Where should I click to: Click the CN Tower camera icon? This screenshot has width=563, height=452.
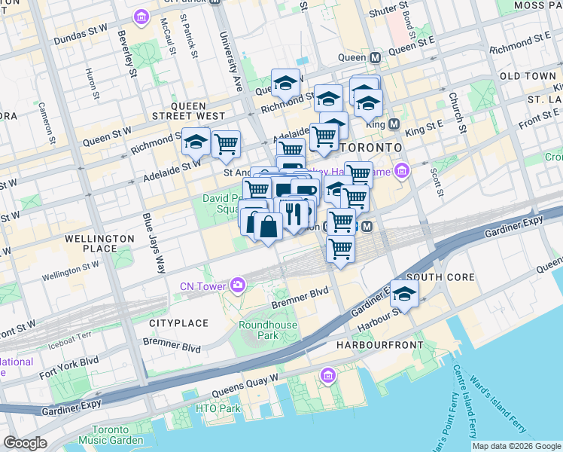tap(239, 284)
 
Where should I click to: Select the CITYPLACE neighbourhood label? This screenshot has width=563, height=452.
tap(178, 323)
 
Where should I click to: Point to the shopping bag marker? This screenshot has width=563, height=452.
tap(268, 225)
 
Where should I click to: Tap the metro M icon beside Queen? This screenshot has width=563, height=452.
tap(374, 57)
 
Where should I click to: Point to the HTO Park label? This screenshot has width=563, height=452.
tap(218, 409)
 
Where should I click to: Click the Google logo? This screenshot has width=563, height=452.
tap(25, 442)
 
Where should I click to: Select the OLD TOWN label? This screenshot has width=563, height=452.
tap(528, 76)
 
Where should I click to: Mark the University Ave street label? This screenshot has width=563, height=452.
tap(225, 57)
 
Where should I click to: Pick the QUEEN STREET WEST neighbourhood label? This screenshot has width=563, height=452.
tap(198, 111)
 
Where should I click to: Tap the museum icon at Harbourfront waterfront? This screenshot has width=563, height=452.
tap(327, 375)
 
